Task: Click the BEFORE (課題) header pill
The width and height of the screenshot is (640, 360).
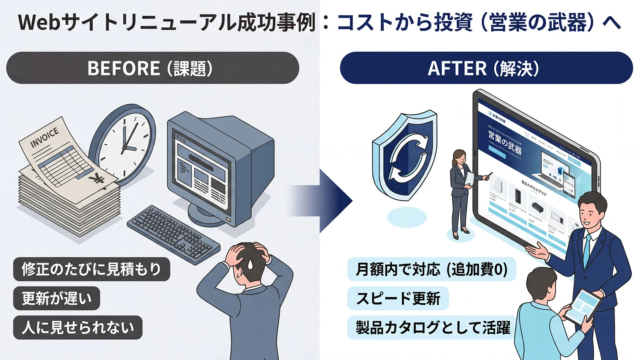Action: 153,68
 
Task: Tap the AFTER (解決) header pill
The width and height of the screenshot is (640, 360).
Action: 486,68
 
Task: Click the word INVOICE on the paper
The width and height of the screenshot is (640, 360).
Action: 45,137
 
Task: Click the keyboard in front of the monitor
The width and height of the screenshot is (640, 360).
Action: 173,233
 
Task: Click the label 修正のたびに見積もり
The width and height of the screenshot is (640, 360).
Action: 92,269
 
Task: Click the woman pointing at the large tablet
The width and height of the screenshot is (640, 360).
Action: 462,193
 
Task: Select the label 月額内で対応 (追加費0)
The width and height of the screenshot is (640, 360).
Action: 431,269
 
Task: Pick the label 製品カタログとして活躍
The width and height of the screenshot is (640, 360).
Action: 432,328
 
